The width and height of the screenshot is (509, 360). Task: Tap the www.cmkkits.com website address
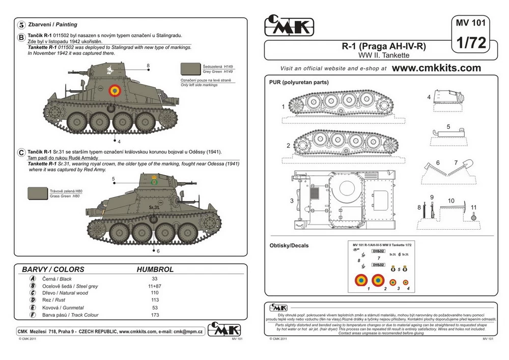[x=437, y=68]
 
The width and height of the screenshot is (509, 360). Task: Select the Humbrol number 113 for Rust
[x=155, y=300]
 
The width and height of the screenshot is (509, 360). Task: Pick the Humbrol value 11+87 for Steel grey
[x=155, y=286]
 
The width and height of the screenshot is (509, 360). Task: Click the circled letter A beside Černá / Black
[x=33, y=279]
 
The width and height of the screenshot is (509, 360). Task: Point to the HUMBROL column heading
[x=155, y=269]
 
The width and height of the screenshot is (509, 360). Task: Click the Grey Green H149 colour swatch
[x=190, y=69]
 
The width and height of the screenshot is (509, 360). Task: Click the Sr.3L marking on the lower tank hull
[x=155, y=207]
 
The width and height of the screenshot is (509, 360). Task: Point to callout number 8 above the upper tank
[x=148, y=66]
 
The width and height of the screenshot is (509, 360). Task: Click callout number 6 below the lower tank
[x=158, y=251]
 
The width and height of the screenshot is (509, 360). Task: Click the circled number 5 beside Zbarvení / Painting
[x=21, y=24]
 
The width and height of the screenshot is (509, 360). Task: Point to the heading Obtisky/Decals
[x=289, y=245]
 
